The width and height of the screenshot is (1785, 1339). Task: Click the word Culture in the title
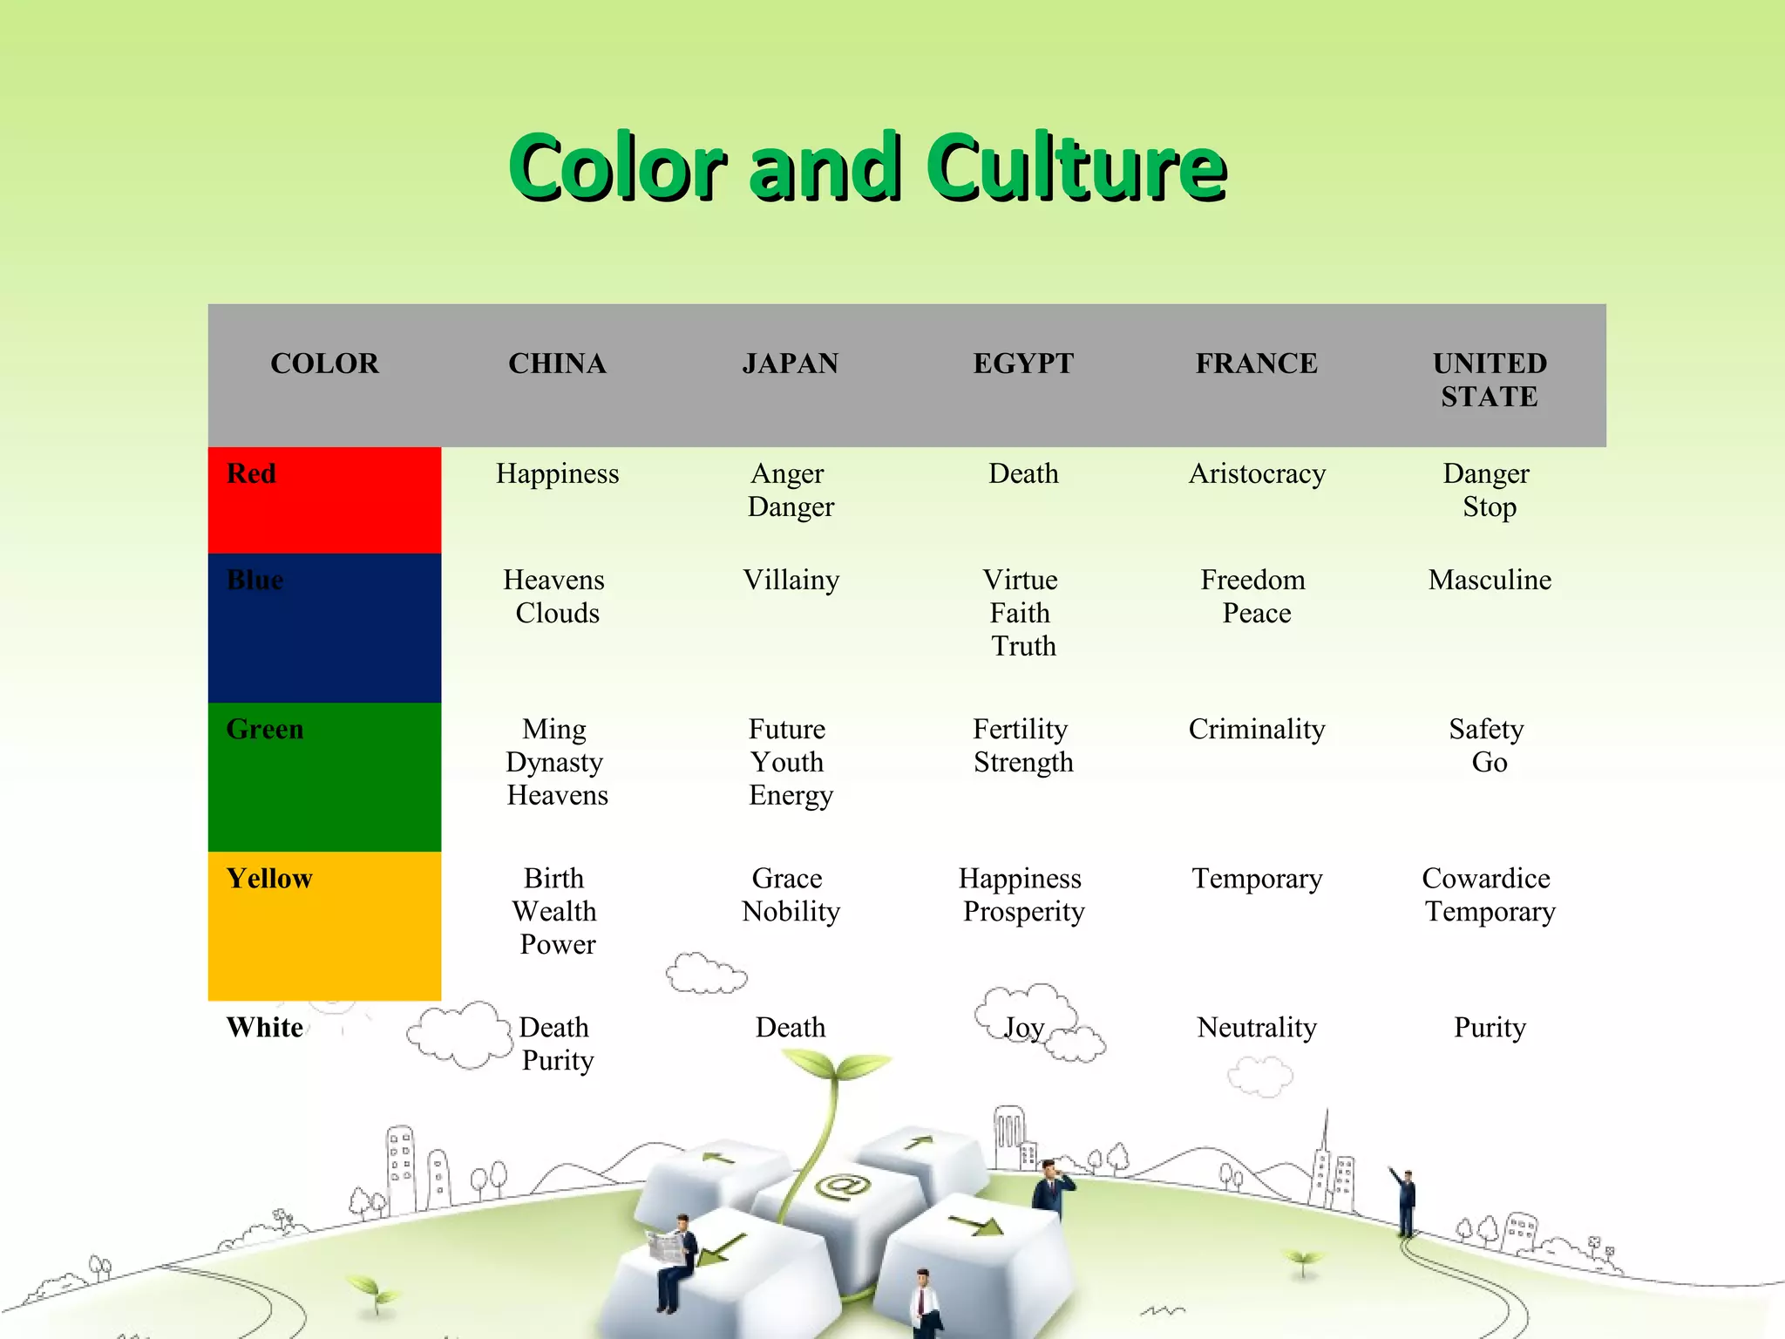point(1076,167)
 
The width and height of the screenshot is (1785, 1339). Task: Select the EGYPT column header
point(1023,364)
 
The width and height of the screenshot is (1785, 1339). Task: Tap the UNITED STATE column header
point(1490,379)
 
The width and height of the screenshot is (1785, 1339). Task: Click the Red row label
point(251,473)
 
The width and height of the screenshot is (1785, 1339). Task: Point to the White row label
point(264,1027)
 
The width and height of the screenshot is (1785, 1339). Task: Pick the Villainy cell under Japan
point(791,580)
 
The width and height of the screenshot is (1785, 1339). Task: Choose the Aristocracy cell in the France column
point(1257,473)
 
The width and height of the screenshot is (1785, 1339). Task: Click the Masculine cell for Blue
point(1490,580)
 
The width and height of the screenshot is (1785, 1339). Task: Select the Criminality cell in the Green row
point(1257,729)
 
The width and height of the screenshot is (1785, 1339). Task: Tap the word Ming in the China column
point(554,729)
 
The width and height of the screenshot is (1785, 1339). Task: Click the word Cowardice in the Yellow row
point(1486,878)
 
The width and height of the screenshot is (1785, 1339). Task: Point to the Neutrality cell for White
point(1257,1027)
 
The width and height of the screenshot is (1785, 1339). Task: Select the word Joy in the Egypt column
point(1023,1028)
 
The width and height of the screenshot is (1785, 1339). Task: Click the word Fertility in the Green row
point(1020,729)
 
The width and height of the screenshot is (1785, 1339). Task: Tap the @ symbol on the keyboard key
point(842,1186)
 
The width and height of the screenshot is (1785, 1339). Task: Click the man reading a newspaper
point(673,1255)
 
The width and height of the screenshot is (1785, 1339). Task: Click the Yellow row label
point(268,878)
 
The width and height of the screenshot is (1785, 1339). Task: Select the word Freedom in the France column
point(1253,580)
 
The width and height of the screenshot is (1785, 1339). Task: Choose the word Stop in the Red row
point(1490,506)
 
